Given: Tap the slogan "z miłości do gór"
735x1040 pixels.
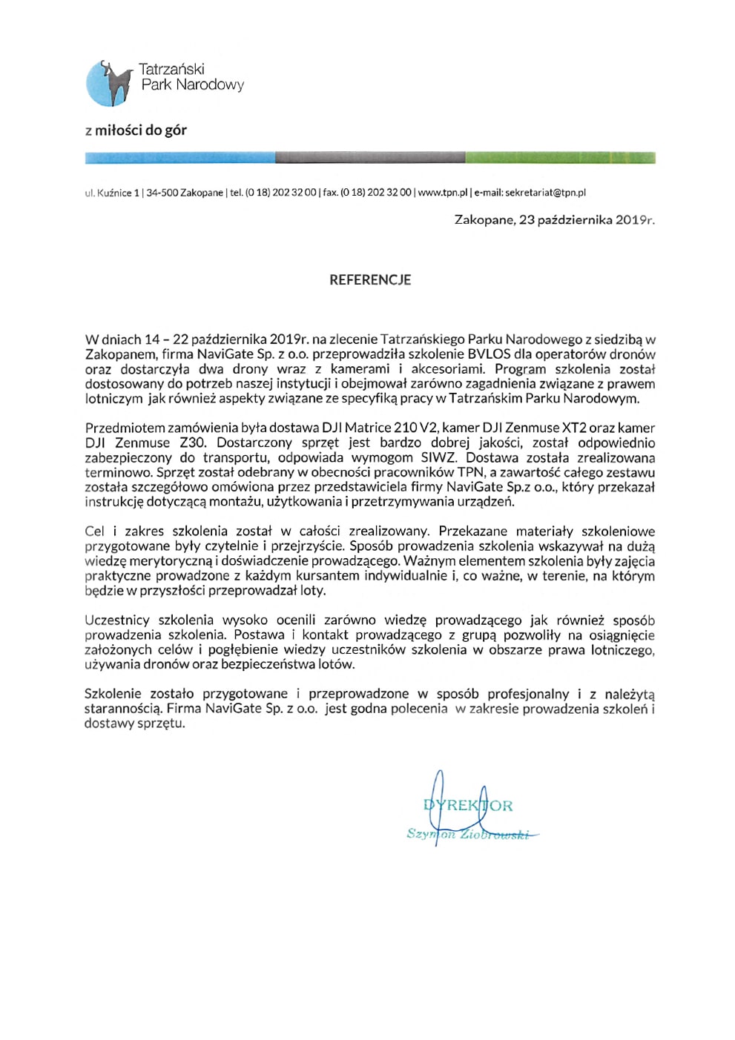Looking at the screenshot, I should [x=136, y=130].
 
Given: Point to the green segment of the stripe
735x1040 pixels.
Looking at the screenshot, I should [x=560, y=158].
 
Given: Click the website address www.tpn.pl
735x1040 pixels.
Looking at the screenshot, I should [x=443, y=193].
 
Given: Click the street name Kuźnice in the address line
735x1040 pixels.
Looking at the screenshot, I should [x=113, y=193].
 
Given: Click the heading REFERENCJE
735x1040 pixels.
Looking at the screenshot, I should [x=370, y=280].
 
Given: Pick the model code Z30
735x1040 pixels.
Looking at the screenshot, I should [x=193, y=443].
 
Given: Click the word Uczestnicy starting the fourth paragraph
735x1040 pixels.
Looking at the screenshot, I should [x=117, y=620].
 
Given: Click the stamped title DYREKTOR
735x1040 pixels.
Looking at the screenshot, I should [x=467, y=806].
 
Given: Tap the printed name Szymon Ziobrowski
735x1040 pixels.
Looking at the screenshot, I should [x=467, y=835].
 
